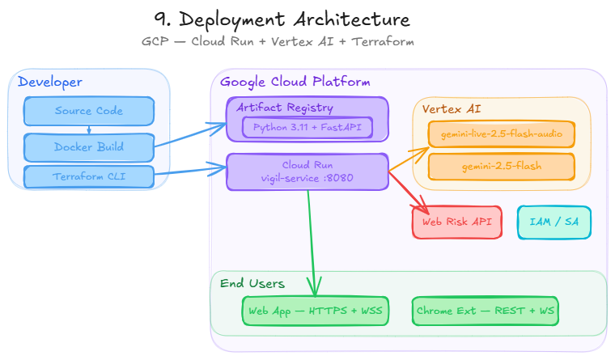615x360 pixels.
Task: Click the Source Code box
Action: pyautogui.click(x=89, y=111)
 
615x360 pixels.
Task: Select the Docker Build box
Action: pyautogui.click(x=89, y=147)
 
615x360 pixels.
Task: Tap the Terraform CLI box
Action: pyautogui.click(x=89, y=176)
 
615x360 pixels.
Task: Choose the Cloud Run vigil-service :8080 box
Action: pyautogui.click(x=307, y=172)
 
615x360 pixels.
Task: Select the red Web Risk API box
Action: pyautogui.click(x=457, y=222)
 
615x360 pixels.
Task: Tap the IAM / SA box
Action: pyautogui.click(x=554, y=222)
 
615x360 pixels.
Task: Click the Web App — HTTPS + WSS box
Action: pyautogui.click(x=316, y=311)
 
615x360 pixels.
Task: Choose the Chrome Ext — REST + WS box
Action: pyautogui.click(x=486, y=311)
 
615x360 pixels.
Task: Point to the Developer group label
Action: pyautogui.click(x=49, y=82)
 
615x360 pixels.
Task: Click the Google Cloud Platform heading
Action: pyautogui.click(x=295, y=82)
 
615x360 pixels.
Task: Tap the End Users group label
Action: pyautogui.click(x=252, y=283)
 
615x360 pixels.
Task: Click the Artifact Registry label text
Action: pyautogui.click(x=284, y=108)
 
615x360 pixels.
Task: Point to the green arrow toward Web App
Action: pyautogui.click(x=311, y=243)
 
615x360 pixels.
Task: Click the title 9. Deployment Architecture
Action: pyautogui.click(x=281, y=19)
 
